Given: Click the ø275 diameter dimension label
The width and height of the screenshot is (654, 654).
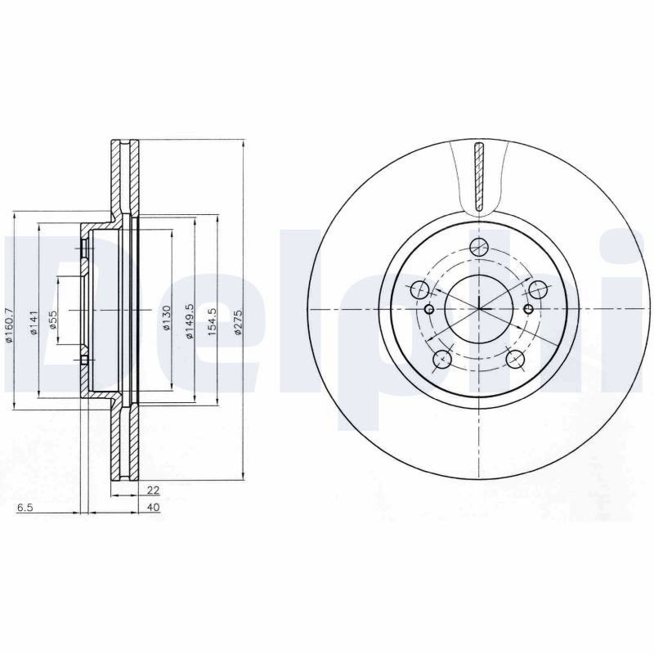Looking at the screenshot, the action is (238, 322).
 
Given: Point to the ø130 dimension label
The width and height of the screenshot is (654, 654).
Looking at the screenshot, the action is (167, 318).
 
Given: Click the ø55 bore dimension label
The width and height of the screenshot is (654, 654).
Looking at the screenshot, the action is (53, 320).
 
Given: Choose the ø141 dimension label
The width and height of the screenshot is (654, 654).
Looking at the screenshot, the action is (34, 322).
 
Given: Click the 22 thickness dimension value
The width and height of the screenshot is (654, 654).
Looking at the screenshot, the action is (154, 490).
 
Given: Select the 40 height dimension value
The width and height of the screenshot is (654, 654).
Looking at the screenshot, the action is (154, 507).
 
